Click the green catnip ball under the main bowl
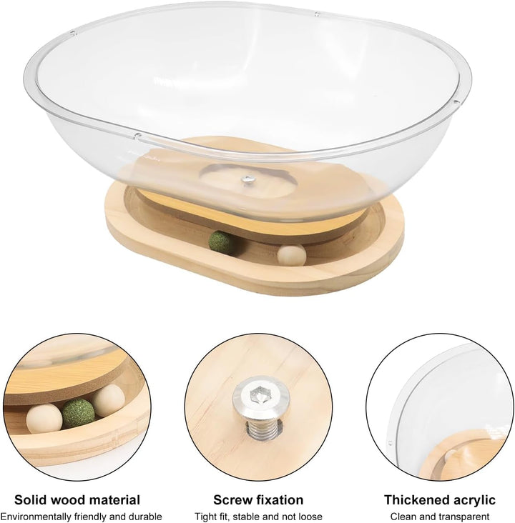220,241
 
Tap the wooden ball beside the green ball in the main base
292,255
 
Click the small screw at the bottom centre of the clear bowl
248,179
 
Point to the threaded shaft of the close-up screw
263,430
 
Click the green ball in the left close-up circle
78,414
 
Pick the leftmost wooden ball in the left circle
44,418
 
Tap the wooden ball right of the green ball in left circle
109,400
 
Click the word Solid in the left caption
29,500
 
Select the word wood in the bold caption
64,500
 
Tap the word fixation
277,500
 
